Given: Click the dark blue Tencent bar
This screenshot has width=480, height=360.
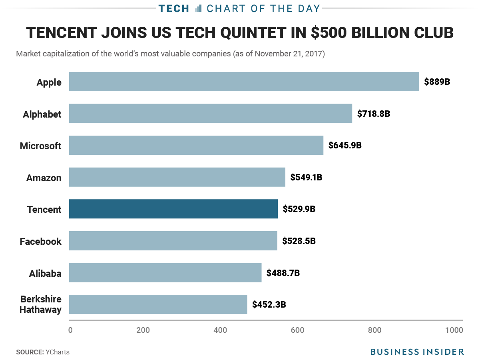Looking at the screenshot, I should click(x=173, y=209).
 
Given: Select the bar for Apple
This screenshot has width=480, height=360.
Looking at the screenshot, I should click(x=244, y=82).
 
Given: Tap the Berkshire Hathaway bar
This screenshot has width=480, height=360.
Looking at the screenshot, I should click(x=158, y=304).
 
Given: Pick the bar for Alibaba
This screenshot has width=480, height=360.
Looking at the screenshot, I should click(x=165, y=272).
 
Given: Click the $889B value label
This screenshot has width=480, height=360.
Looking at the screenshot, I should click(x=437, y=82).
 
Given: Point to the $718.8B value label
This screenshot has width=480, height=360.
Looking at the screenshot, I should click(x=374, y=114).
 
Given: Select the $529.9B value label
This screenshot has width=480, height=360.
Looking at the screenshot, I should click(x=299, y=209).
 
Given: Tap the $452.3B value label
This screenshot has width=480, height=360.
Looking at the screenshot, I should click(x=269, y=304).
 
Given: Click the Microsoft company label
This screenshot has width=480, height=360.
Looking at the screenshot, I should click(x=41, y=146).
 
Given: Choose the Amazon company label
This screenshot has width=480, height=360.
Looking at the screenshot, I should click(x=44, y=178).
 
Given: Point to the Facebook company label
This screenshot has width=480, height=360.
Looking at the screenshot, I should click(x=41, y=242).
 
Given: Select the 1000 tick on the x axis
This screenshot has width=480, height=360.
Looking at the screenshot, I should click(x=454, y=330).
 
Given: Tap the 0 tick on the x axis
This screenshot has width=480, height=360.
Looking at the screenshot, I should click(x=70, y=330).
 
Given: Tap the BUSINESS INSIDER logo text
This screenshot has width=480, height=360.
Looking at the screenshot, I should click(x=417, y=352).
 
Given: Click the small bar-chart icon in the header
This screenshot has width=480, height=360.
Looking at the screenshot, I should click(x=198, y=8).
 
